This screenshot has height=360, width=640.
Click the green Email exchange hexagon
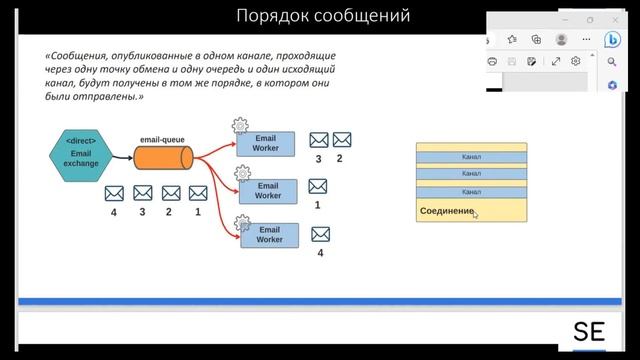coord(81,156)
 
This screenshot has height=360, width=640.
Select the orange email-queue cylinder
coord(162,158)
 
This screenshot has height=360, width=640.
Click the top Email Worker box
coord(266,143)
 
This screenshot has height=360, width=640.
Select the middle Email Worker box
coord(268,190)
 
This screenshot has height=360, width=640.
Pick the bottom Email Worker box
coord(269,235)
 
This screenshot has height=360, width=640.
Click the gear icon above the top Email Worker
coord(240,126)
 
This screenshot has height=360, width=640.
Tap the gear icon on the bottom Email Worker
coord(240,223)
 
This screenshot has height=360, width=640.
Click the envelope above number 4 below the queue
coord(114,192)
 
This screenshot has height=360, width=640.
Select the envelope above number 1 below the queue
coord(198,192)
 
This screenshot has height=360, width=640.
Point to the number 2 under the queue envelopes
coord(169,212)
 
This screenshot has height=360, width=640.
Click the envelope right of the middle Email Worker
coord(319,185)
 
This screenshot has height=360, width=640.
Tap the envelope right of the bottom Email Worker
coord(321,234)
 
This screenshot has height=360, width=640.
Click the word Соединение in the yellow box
coord(445,212)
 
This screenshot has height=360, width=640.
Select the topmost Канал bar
coord(471,157)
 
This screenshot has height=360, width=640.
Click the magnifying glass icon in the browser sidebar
coord(613,61)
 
